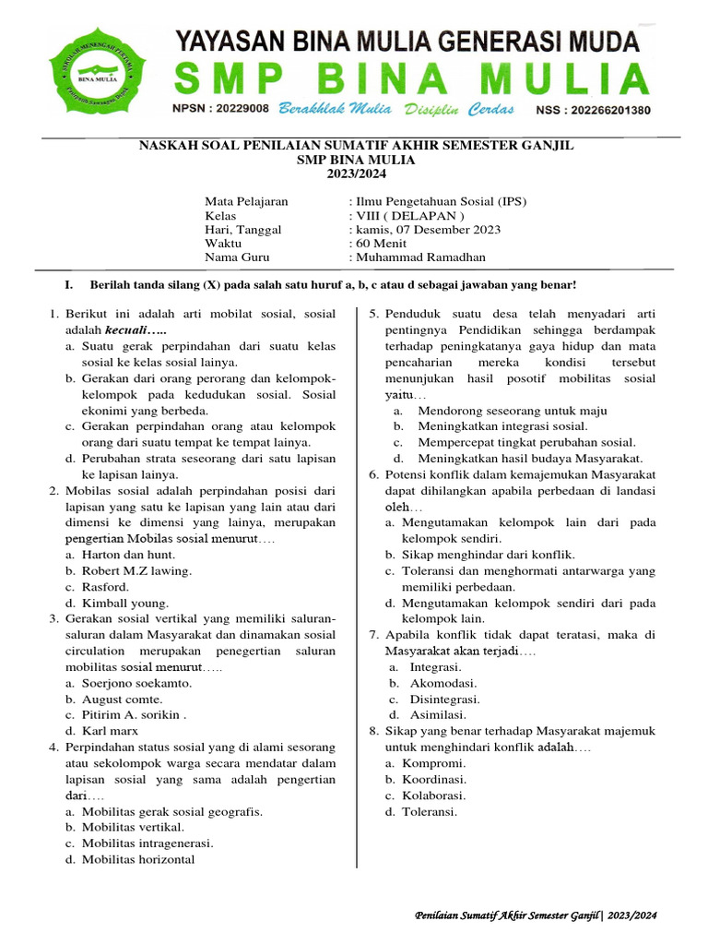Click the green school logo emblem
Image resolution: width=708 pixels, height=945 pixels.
point(101,71)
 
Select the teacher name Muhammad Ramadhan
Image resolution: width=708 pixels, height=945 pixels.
point(419,257)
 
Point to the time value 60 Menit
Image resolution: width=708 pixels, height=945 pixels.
point(374,244)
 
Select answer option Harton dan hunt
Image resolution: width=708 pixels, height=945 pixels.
point(128,555)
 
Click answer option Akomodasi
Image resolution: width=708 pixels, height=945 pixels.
point(443,683)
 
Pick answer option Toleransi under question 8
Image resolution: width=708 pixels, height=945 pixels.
point(430,811)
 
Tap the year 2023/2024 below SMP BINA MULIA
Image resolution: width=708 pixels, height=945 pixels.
point(356,173)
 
